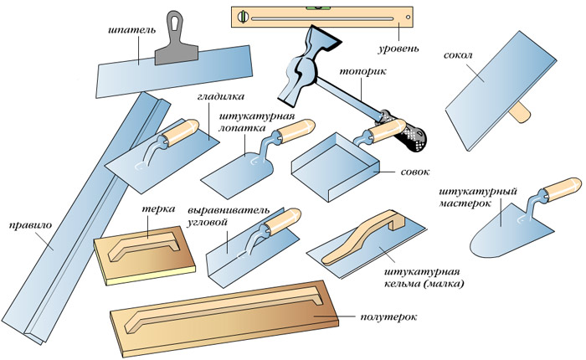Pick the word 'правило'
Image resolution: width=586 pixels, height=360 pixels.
26,224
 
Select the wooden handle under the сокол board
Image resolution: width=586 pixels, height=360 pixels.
523,111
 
